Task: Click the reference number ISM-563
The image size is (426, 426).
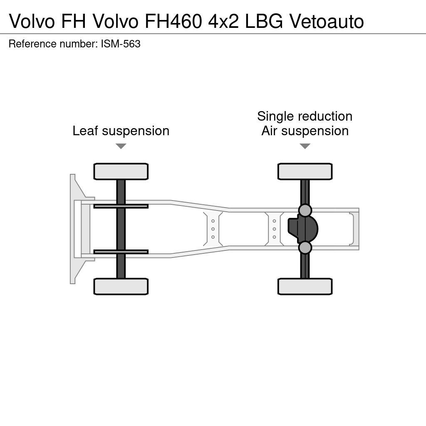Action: [120, 44]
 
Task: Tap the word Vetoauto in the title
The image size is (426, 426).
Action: [327, 21]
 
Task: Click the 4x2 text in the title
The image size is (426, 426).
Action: [223, 21]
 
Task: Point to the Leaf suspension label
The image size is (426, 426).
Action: [121, 131]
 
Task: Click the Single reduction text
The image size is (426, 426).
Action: [305, 116]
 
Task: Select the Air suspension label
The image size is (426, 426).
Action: [305, 131]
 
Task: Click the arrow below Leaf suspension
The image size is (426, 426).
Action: [121, 146]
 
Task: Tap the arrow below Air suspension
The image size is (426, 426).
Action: [305, 146]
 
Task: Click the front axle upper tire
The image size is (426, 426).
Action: [121, 171]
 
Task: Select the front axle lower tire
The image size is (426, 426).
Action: [121, 286]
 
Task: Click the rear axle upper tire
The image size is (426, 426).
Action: [305, 171]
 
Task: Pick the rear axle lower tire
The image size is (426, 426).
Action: [305, 286]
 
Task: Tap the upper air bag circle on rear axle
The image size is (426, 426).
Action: [305, 211]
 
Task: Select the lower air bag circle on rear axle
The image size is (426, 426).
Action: [305, 248]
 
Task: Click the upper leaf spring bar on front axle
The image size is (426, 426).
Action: [121, 206]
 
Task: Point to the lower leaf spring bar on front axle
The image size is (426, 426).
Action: [121, 252]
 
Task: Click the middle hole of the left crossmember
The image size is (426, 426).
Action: [213, 229]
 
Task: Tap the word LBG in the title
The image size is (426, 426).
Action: [263, 21]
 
